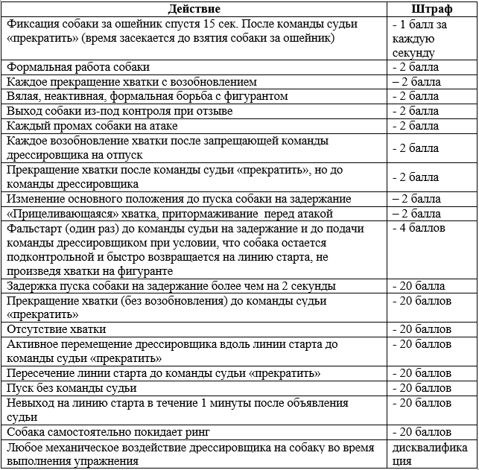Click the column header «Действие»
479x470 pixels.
194,9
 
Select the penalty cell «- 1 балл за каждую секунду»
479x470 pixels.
427,39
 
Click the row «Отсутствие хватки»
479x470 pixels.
57,328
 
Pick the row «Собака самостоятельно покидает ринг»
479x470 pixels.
109,431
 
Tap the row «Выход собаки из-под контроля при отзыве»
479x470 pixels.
119,111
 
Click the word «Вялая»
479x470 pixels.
23,96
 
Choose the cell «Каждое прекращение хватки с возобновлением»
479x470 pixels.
131,82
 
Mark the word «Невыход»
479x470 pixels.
30,403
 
